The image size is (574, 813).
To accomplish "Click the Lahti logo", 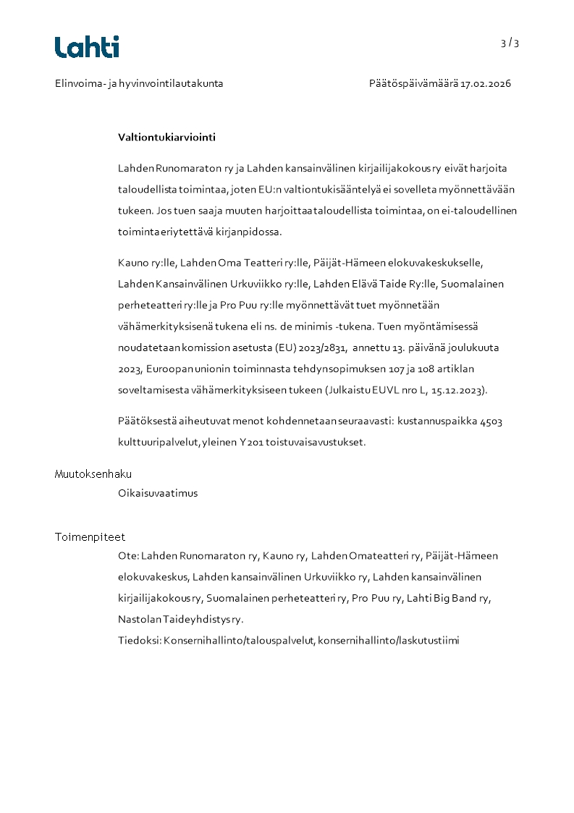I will tap(87, 47).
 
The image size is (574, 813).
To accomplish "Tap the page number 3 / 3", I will tap(510, 43).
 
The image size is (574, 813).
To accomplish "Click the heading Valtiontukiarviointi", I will tap(166, 137).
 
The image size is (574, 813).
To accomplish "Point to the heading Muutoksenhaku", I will tap(93, 474).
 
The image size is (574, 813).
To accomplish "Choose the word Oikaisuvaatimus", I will tap(158, 493).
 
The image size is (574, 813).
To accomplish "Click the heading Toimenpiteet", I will tap(90, 537).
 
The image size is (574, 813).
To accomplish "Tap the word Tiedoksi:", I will tap(139, 641).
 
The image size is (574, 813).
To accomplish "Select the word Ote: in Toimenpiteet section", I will tap(128, 556).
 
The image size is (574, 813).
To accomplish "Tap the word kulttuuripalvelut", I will tap(149, 442).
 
